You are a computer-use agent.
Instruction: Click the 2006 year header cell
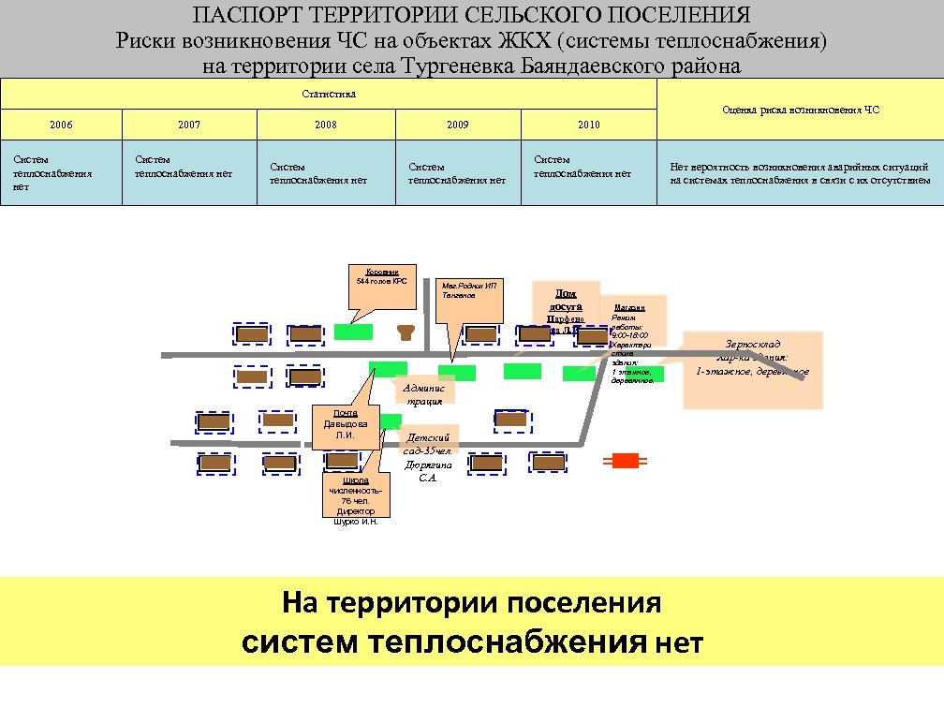(x=62, y=125)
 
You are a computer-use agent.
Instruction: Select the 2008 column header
(x=326, y=125)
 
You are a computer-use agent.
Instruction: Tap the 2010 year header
(x=588, y=125)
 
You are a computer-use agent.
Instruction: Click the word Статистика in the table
(x=329, y=94)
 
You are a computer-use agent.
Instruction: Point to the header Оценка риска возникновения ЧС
(x=801, y=110)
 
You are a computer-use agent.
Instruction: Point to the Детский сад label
(x=427, y=443)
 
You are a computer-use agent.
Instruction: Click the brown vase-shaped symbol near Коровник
(x=406, y=332)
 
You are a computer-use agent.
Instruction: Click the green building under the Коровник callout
(x=354, y=331)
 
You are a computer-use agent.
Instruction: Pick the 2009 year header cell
(x=458, y=125)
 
